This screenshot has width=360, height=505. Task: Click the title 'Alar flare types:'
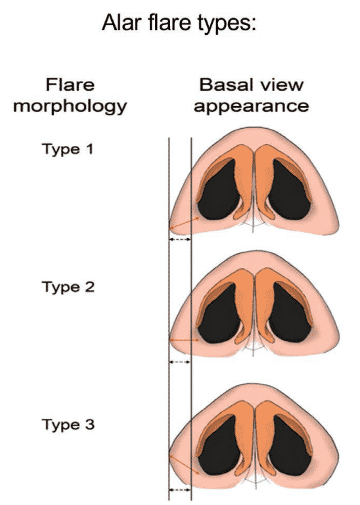point(179,23)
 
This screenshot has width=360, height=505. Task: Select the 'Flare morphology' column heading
point(70,95)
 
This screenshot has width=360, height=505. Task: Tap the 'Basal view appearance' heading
point(251,95)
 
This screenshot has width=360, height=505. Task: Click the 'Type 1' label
point(68,149)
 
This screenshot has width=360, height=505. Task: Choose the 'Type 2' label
point(68,287)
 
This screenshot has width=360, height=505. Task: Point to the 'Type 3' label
point(68,425)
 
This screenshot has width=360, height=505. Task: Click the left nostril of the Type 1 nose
point(219,191)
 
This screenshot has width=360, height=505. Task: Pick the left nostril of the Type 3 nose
point(219,446)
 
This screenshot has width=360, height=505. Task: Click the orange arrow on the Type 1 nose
point(185,223)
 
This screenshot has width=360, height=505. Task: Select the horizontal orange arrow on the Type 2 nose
point(185,339)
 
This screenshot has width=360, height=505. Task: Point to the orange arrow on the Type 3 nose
point(185,465)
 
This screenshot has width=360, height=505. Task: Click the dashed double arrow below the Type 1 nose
point(180,239)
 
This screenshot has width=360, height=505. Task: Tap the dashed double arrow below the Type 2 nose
point(180,362)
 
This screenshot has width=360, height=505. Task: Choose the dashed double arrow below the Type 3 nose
point(180,490)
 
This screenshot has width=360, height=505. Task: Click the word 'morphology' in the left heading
point(70,107)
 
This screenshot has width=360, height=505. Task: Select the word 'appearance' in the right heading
point(251,107)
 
